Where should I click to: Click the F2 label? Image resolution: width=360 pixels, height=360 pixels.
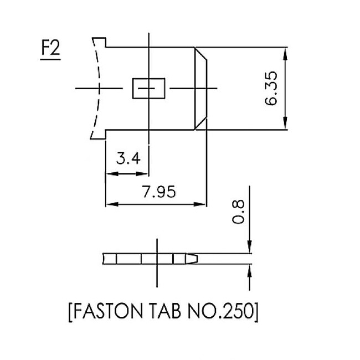[x=50, y=50]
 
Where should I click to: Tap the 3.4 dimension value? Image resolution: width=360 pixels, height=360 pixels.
[x=128, y=159]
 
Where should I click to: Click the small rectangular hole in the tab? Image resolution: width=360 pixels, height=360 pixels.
[x=148, y=89]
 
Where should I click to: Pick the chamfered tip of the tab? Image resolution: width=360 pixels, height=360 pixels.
[x=200, y=89]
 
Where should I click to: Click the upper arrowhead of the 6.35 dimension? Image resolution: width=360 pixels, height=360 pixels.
[x=285, y=53]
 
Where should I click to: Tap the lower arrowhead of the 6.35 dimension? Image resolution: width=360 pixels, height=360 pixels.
[x=285, y=125]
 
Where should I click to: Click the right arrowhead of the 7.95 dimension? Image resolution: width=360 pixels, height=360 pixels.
[x=202, y=204]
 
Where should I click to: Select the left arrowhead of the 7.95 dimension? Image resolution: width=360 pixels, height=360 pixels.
[x=110, y=204]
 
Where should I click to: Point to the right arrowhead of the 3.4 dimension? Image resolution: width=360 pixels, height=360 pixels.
[x=143, y=173]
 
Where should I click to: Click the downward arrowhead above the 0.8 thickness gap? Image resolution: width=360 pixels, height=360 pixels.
[x=250, y=248]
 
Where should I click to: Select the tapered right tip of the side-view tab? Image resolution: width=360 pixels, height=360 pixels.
[x=194, y=259]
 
